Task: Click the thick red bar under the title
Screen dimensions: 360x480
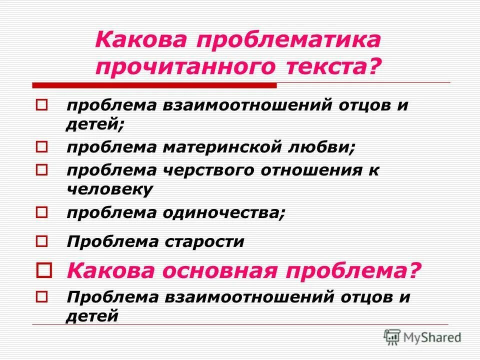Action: tap(154, 85)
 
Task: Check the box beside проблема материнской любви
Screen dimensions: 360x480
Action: tap(42, 147)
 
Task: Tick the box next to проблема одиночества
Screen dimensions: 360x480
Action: tap(42, 212)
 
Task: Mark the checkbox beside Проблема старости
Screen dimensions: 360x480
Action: tap(42, 242)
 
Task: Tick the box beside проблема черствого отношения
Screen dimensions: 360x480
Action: tap(42, 170)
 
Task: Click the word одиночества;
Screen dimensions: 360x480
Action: tap(223, 212)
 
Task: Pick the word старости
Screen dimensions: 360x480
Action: tap(204, 242)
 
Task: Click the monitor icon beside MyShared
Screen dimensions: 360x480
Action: tap(392, 336)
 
